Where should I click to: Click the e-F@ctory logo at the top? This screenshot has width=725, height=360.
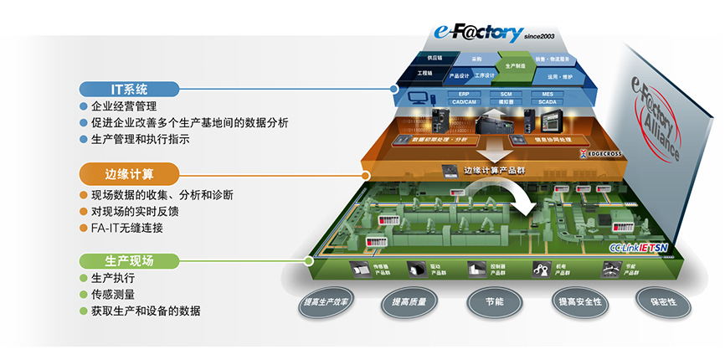point(479,33)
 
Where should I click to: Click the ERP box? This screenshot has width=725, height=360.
point(462,95)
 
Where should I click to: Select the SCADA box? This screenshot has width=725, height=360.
point(548,102)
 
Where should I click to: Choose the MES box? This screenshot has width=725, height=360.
point(548,95)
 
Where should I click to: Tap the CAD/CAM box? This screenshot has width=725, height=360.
point(462,102)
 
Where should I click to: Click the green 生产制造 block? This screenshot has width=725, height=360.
point(514,64)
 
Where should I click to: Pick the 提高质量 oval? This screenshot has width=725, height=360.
point(408,301)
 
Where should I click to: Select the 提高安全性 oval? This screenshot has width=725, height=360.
point(578,301)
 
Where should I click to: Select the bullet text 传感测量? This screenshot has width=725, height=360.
point(112,295)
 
